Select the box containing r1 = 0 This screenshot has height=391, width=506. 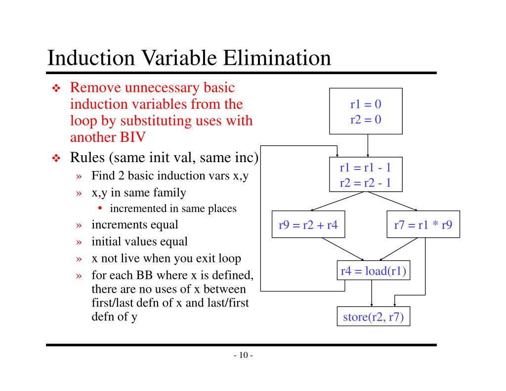click(x=366, y=111)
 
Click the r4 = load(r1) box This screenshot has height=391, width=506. click(x=373, y=271)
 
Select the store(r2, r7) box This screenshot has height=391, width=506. click(x=373, y=317)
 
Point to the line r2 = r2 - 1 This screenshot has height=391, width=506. click(x=366, y=182)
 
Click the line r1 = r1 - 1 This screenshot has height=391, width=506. click(x=366, y=167)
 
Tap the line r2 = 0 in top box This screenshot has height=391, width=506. click(x=366, y=119)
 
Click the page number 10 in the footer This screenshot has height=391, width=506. click(x=243, y=355)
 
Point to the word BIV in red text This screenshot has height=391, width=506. click(x=131, y=137)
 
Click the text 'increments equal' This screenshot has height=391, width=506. click(x=134, y=225)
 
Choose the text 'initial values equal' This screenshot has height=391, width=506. click(x=139, y=242)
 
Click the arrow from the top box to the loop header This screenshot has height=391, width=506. click(x=368, y=145)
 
